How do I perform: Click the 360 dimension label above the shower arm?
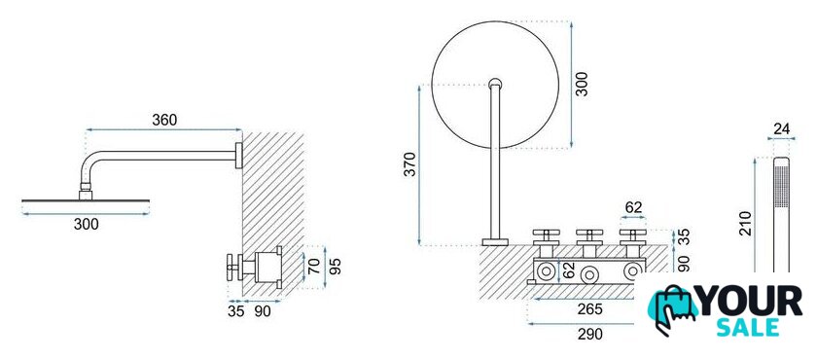(164, 121)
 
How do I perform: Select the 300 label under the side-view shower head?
(86, 225)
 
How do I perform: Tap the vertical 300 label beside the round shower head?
(582, 84)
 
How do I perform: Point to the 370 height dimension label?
(410, 163)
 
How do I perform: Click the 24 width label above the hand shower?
(782, 129)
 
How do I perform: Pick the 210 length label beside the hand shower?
(746, 224)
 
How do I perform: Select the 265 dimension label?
(589, 309)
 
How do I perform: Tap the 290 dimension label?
(589, 334)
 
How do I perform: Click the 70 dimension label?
(314, 267)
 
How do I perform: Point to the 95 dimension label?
(337, 267)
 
